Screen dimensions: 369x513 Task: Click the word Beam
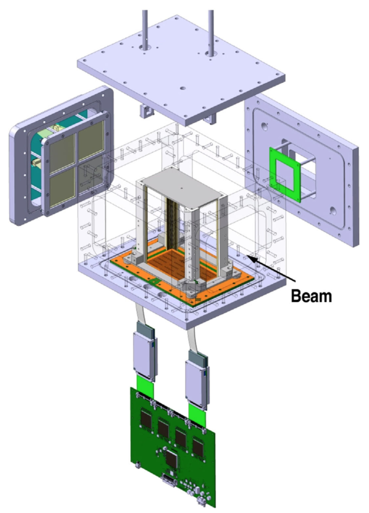click(311, 296)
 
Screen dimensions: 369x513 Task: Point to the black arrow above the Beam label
click(272, 269)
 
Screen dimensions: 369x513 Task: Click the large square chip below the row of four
click(172, 459)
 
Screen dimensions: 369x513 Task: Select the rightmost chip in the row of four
click(198, 447)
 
